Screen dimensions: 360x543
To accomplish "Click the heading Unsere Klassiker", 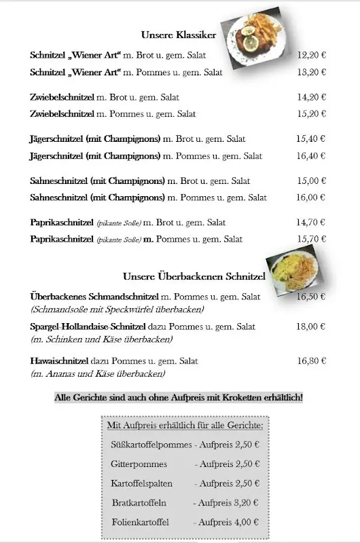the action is [179, 35].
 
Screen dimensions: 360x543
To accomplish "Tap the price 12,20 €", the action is [312, 55].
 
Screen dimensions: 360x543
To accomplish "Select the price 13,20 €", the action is [312, 72].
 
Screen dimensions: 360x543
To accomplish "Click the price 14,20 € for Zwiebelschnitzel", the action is [312, 97].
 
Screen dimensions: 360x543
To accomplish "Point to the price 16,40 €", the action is [311, 156].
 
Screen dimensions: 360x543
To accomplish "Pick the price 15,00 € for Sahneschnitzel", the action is [311, 181].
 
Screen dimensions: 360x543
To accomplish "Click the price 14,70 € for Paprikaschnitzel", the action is [312, 222].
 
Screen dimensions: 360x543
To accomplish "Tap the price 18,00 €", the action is [312, 326].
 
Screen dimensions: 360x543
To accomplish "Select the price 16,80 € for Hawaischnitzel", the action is [312, 361].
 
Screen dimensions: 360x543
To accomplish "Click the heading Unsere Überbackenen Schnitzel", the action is [194, 276].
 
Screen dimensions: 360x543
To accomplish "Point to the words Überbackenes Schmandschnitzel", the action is [94, 297].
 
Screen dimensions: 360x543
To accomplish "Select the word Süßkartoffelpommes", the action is [151, 445].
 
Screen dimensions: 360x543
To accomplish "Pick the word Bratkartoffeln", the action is [139, 503].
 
